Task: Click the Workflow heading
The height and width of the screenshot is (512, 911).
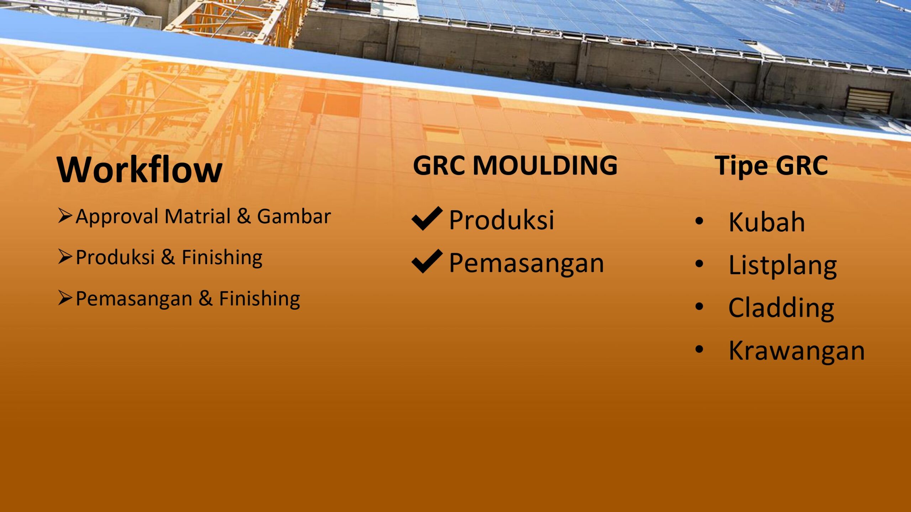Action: pos(139,169)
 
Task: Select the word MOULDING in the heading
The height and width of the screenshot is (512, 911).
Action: pos(545,165)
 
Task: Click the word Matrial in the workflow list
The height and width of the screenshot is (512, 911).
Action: pos(198,216)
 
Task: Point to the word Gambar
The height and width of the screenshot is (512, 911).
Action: pos(294,216)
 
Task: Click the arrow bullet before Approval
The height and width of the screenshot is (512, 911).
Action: pos(65,216)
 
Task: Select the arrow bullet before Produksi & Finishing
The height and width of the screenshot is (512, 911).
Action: pos(65,257)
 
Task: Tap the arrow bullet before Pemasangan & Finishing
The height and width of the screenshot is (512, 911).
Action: pos(65,298)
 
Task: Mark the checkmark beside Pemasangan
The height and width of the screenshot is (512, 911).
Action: pos(427,261)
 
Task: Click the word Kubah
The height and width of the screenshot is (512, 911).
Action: pos(767,222)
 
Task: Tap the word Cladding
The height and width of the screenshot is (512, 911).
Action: pos(781,308)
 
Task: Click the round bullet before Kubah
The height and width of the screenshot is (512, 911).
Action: pos(699,221)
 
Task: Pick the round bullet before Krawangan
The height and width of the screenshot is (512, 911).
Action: pos(699,349)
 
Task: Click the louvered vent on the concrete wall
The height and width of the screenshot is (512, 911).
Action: pos(869,100)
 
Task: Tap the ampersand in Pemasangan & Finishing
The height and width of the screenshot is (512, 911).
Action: pos(206,298)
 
